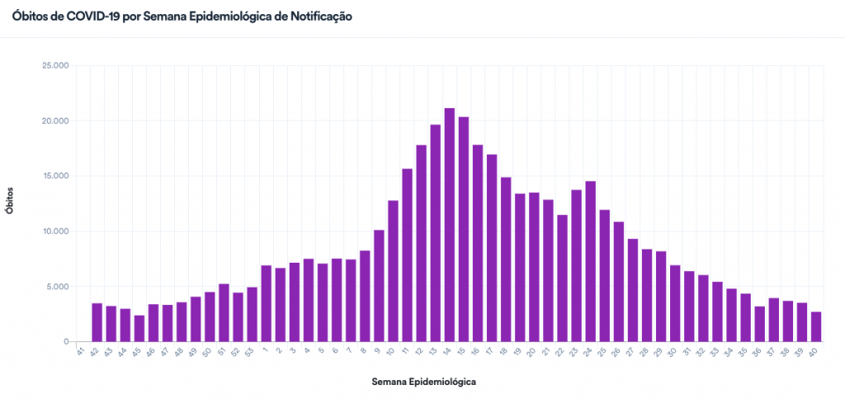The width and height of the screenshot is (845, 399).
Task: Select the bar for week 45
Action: coord(139,328)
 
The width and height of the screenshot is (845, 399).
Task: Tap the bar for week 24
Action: coord(591,261)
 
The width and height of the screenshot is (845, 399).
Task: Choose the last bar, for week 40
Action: coord(816,326)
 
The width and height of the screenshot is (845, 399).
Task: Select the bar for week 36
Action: coord(760,324)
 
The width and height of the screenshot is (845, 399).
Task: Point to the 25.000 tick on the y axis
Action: coord(56,65)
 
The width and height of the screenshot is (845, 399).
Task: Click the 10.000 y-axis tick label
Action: coord(56,231)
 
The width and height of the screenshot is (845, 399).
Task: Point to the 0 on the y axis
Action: coord(66,342)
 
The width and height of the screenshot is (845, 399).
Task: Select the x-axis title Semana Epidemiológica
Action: coord(424,382)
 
